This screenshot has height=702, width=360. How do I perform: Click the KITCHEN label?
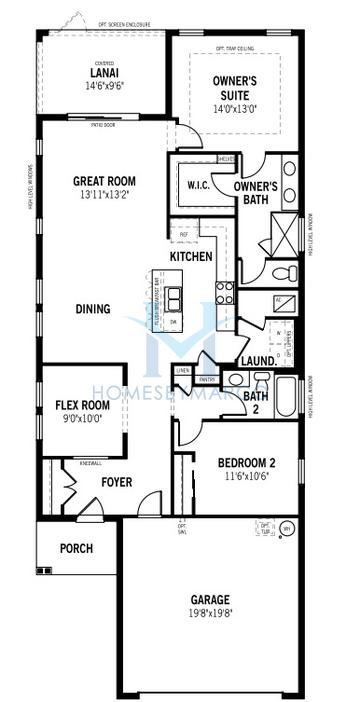point(191,257)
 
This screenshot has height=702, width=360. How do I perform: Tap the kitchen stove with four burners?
point(225,292)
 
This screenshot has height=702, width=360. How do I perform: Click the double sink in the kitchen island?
point(175,297)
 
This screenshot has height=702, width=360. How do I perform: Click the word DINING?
point(93,309)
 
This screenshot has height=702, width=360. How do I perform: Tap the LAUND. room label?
point(256,361)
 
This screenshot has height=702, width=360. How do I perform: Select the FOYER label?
point(117,483)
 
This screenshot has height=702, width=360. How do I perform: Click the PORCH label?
point(76,548)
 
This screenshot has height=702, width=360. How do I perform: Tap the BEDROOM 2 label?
point(246,462)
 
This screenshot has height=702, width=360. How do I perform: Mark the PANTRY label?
point(208,379)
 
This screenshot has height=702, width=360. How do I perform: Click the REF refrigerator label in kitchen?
point(184,235)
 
